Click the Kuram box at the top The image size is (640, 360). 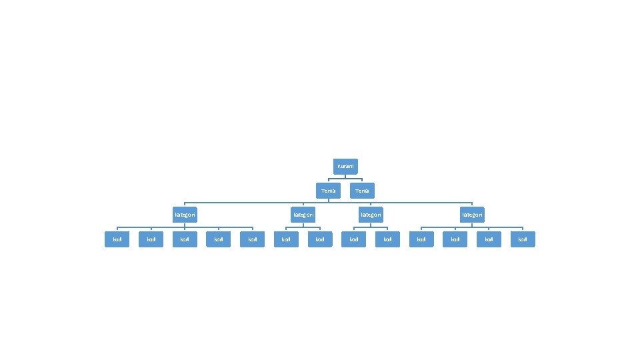(x=345, y=166)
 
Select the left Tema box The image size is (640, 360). (x=328, y=191)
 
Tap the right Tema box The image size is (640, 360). (x=362, y=191)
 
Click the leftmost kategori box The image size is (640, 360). (x=185, y=215)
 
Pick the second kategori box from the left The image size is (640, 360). (x=303, y=215)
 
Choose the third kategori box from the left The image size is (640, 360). (x=371, y=215)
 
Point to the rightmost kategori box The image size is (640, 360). (x=472, y=215)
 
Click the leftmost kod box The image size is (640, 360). (x=117, y=239)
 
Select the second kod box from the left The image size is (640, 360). (x=151, y=239)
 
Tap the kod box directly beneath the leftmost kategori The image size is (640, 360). (x=185, y=239)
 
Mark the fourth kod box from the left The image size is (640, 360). (x=219, y=239)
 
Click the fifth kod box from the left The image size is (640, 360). (x=253, y=239)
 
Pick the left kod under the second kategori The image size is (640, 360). (x=287, y=239)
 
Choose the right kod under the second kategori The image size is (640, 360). (x=320, y=239)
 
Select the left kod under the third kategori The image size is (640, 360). (x=354, y=239)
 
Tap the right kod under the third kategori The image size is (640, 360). (x=388, y=239)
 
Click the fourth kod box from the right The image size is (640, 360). (x=421, y=239)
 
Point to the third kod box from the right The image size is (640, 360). (x=455, y=239)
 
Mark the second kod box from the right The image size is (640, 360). (x=489, y=239)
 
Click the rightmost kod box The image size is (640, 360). (x=523, y=239)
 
